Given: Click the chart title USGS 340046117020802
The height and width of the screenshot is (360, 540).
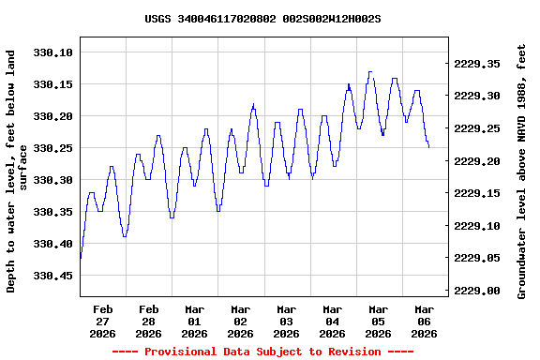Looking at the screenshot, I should coord(262,19).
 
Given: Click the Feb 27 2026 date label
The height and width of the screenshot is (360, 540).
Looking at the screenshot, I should coord(103,321).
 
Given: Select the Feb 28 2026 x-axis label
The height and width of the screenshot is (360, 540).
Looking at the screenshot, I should coord(149,321).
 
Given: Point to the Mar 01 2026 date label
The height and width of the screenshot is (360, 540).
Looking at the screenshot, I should coord(195,321).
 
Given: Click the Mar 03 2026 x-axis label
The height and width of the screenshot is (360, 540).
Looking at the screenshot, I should coord(286,321).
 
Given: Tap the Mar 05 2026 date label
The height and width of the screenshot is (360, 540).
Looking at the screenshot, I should coord(378,321).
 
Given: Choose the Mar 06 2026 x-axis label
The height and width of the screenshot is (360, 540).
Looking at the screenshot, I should coord(424,321).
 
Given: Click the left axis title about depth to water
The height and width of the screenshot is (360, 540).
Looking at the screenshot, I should coord(18,172).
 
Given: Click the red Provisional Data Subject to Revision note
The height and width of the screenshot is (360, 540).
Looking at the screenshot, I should coord(262,351).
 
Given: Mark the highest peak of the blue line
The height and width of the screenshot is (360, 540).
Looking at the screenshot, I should coord(370,71).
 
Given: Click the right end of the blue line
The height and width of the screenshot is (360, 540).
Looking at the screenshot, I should coord(428,146).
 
